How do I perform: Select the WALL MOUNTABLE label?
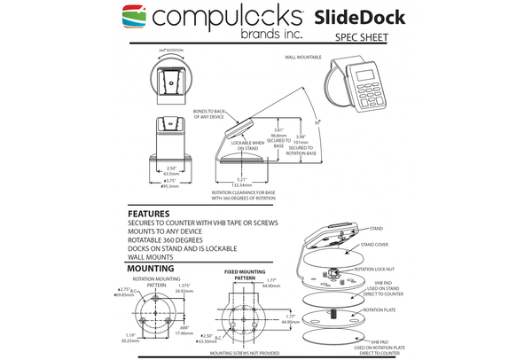[x=303, y=56]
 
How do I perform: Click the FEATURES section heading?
[x=151, y=214]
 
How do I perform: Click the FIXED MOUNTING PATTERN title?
[x=243, y=274]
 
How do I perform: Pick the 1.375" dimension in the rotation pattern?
[x=184, y=286]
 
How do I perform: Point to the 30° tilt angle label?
[x=317, y=121]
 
